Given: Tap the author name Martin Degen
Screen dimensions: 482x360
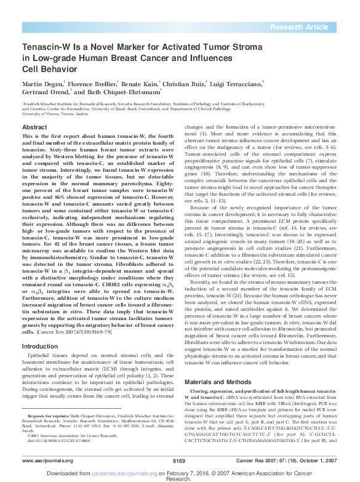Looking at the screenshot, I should click(x=43, y=84).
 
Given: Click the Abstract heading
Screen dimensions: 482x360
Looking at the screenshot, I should click(x=34, y=127).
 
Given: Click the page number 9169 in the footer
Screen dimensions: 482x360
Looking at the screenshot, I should click(x=179, y=460).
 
